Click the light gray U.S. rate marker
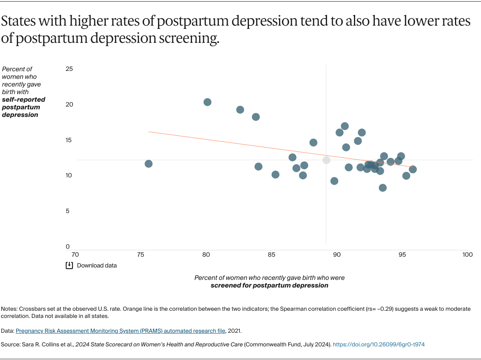(326, 160)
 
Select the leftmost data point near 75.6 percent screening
(148, 164)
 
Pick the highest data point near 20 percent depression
(207, 102)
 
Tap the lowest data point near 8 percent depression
(383, 188)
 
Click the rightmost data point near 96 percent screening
(412, 169)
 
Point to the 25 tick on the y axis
(69, 69)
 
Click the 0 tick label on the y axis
(68, 247)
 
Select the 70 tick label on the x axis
(75, 255)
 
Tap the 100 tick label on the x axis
(467, 255)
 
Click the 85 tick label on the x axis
(271, 255)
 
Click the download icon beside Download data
(69, 265)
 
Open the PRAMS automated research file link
(121, 331)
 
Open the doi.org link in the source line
(378, 344)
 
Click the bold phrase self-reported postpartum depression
(23, 107)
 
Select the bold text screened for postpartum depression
(269, 286)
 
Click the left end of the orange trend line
(149, 131)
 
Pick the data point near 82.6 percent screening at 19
(240, 110)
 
